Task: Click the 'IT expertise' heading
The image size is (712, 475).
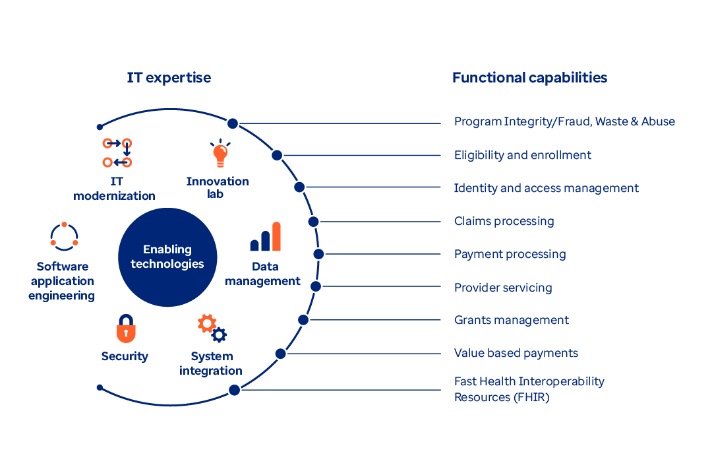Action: pyautogui.click(x=169, y=78)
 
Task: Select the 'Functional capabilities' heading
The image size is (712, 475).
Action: pyautogui.click(x=529, y=78)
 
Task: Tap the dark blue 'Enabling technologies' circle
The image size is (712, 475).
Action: pyautogui.click(x=167, y=257)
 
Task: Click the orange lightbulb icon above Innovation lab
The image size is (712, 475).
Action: pyautogui.click(x=220, y=154)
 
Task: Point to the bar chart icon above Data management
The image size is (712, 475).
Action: pyautogui.click(x=265, y=237)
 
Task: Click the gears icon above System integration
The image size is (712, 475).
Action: pyautogui.click(x=212, y=329)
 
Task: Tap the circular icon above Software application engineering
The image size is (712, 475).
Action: pyautogui.click(x=64, y=237)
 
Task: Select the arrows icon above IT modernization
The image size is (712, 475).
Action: pyautogui.click(x=117, y=152)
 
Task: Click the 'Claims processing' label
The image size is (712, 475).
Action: pyautogui.click(x=504, y=221)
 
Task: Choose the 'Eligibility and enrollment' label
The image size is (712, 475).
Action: pyautogui.click(x=522, y=155)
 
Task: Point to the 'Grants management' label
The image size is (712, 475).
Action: pyautogui.click(x=511, y=320)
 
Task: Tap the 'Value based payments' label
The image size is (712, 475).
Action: pyautogui.click(x=516, y=353)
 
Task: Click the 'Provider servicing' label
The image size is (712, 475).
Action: pyautogui.click(x=502, y=287)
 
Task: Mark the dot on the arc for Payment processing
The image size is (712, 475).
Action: pyautogui.click(x=318, y=254)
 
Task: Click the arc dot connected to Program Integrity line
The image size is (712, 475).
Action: pyautogui.click(x=233, y=123)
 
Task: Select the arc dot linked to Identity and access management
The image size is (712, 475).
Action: pyautogui.click(x=299, y=187)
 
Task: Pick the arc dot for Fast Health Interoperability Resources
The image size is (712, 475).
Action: pyautogui.click(x=234, y=390)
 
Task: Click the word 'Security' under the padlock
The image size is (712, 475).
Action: pyautogui.click(x=125, y=356)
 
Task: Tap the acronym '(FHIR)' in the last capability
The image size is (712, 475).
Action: pyautogui.click(x=531, y=397)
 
